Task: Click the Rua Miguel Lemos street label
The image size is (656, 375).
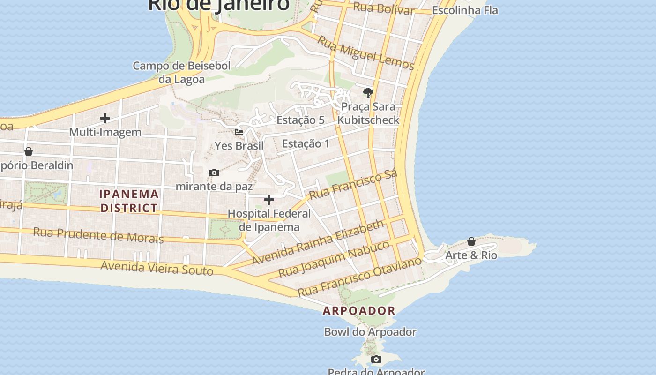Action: [365, 52]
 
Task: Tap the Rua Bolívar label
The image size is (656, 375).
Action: [383, 8]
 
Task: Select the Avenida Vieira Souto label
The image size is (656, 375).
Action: [157, 268]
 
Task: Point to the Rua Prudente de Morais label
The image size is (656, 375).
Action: [98, 235]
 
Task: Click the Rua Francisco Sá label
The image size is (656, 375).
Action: [353, 184]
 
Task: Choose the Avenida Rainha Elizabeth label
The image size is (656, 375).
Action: [318, 243]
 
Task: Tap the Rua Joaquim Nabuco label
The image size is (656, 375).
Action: [334, 259]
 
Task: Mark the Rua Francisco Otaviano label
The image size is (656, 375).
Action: [360, 277]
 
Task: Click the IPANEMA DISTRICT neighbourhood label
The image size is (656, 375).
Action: [129, 201]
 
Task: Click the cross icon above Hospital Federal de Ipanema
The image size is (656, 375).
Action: [269, 200]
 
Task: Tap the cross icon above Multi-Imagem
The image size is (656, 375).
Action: [105, 118]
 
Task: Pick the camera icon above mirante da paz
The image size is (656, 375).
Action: [214, 173]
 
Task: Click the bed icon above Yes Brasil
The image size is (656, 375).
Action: [239, 132]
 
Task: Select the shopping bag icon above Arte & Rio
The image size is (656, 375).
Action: [471, 241]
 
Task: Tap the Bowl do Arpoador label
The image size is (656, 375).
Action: [370, 332]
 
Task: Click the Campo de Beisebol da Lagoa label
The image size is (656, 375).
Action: [182, 72]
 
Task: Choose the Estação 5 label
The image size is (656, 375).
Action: [300, 120]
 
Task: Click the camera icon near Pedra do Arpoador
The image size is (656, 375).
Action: [376, 360]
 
